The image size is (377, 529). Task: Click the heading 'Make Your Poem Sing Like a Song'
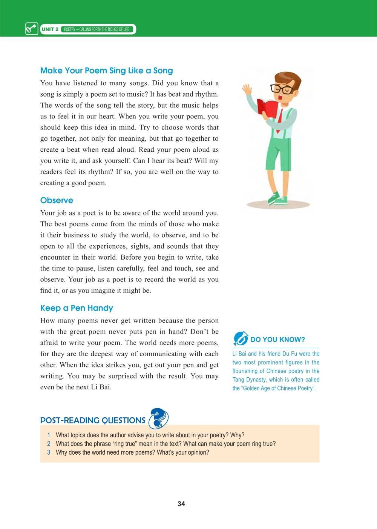106,71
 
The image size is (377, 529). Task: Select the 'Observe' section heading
57,200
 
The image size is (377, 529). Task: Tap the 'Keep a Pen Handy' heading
77,308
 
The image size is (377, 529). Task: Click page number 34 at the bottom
181,504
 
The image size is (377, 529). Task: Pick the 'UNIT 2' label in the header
50,29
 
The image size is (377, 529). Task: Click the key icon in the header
31,29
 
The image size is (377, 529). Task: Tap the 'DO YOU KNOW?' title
277,339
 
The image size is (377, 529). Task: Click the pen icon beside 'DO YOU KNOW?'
241,338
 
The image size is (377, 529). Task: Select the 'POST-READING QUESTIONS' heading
93,420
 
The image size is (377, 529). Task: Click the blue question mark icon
159,418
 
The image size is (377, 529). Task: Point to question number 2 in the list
49,444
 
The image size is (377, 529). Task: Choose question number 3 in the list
49,452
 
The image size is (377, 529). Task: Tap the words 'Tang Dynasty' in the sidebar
249,380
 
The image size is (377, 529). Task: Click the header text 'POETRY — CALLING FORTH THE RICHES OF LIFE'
97,29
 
